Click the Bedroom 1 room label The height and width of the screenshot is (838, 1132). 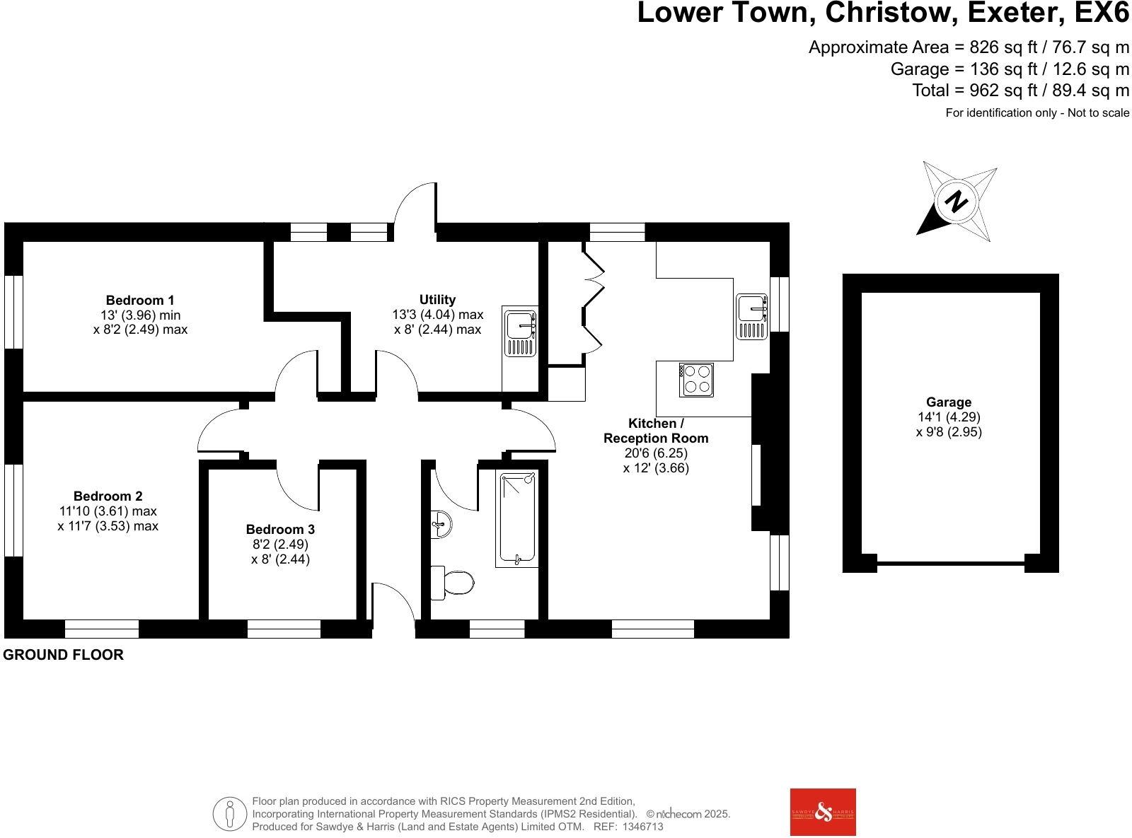click(140, 300)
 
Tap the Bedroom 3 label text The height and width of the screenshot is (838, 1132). click(280, 529)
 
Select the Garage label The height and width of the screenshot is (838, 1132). click(949, 402)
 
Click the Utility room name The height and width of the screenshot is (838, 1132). click(437, 299)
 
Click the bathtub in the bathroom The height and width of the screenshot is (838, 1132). click(517, 518)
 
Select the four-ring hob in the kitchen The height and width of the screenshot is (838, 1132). click(696, 380)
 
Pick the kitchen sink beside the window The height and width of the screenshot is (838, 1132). click(751, 316)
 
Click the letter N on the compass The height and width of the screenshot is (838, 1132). click(957, 202)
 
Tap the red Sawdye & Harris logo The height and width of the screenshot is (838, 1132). click(823, 812)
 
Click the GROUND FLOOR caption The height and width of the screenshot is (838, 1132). click(64, 655)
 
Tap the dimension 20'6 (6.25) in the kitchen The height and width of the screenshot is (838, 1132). click(656, 453)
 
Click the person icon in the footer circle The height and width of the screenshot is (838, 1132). click(229, 814)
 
